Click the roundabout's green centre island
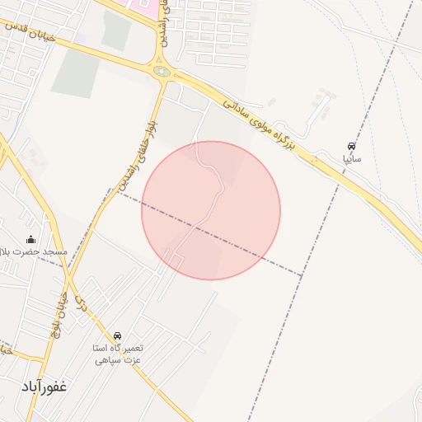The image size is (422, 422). coord(162,72)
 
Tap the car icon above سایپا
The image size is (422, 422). coord(353,145)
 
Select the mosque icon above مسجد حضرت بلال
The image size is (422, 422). coord(31,240)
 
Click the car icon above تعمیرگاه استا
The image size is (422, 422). coord(118,336)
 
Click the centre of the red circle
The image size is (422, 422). coord(211,210)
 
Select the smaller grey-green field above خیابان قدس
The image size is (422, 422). coord(116,30)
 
